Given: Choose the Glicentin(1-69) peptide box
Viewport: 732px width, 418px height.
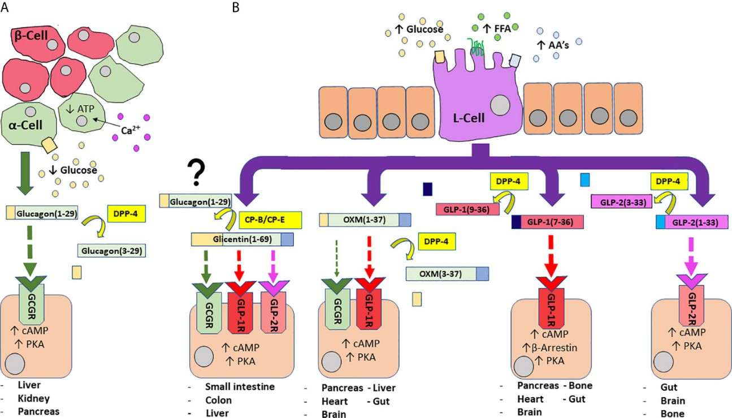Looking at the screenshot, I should click(x=242, y=240).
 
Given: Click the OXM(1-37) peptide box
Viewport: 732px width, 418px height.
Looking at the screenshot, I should click(x=365, y=220).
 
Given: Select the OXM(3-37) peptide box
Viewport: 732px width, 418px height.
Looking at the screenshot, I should click(x=447, y=274).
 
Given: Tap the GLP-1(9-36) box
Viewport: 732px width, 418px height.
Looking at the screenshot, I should click(x=467, y=208).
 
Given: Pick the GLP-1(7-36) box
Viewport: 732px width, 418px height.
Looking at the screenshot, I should click(x=547, y=222).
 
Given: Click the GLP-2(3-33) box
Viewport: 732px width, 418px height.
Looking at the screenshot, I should click(x=622, y=200).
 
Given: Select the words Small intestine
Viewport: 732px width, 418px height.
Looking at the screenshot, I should click(x=240, y=387).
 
